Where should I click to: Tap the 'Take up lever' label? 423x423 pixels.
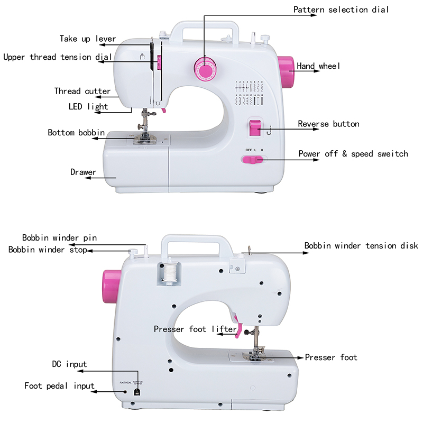pos(88,39)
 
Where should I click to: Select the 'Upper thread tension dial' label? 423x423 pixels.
pos(58,57)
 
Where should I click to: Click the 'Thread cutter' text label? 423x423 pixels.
pos(82,91)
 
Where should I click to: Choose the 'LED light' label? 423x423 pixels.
pos(88,106)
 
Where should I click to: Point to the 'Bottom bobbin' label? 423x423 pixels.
pos(76,132)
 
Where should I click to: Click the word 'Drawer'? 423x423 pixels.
pos(84,172)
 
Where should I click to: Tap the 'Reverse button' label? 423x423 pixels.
pos(328,124)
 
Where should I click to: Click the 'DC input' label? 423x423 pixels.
pos(69,364)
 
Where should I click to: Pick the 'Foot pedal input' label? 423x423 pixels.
pos(60,385)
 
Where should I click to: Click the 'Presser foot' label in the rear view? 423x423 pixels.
pos(331,357)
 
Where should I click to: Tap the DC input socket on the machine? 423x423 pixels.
pos(137,392)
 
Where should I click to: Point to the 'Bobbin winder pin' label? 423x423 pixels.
pos(59,238)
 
